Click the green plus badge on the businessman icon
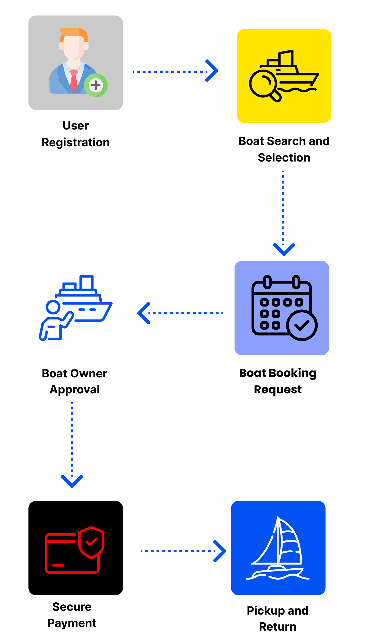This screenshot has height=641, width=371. tap(96, 85)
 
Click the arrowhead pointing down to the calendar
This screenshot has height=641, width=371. tap(284, 249)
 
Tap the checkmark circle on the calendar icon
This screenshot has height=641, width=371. tap(302, 325)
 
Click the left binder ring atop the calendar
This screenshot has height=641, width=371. tap(267, 282)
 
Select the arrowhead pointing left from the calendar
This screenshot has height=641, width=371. tap(143, 313)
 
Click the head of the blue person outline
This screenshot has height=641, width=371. tap(53, 307)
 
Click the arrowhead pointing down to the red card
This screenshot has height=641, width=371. tap(72, 481)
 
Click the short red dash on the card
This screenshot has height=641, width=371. tap(58, 565)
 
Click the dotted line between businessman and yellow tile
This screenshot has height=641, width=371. tap(169, 71)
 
